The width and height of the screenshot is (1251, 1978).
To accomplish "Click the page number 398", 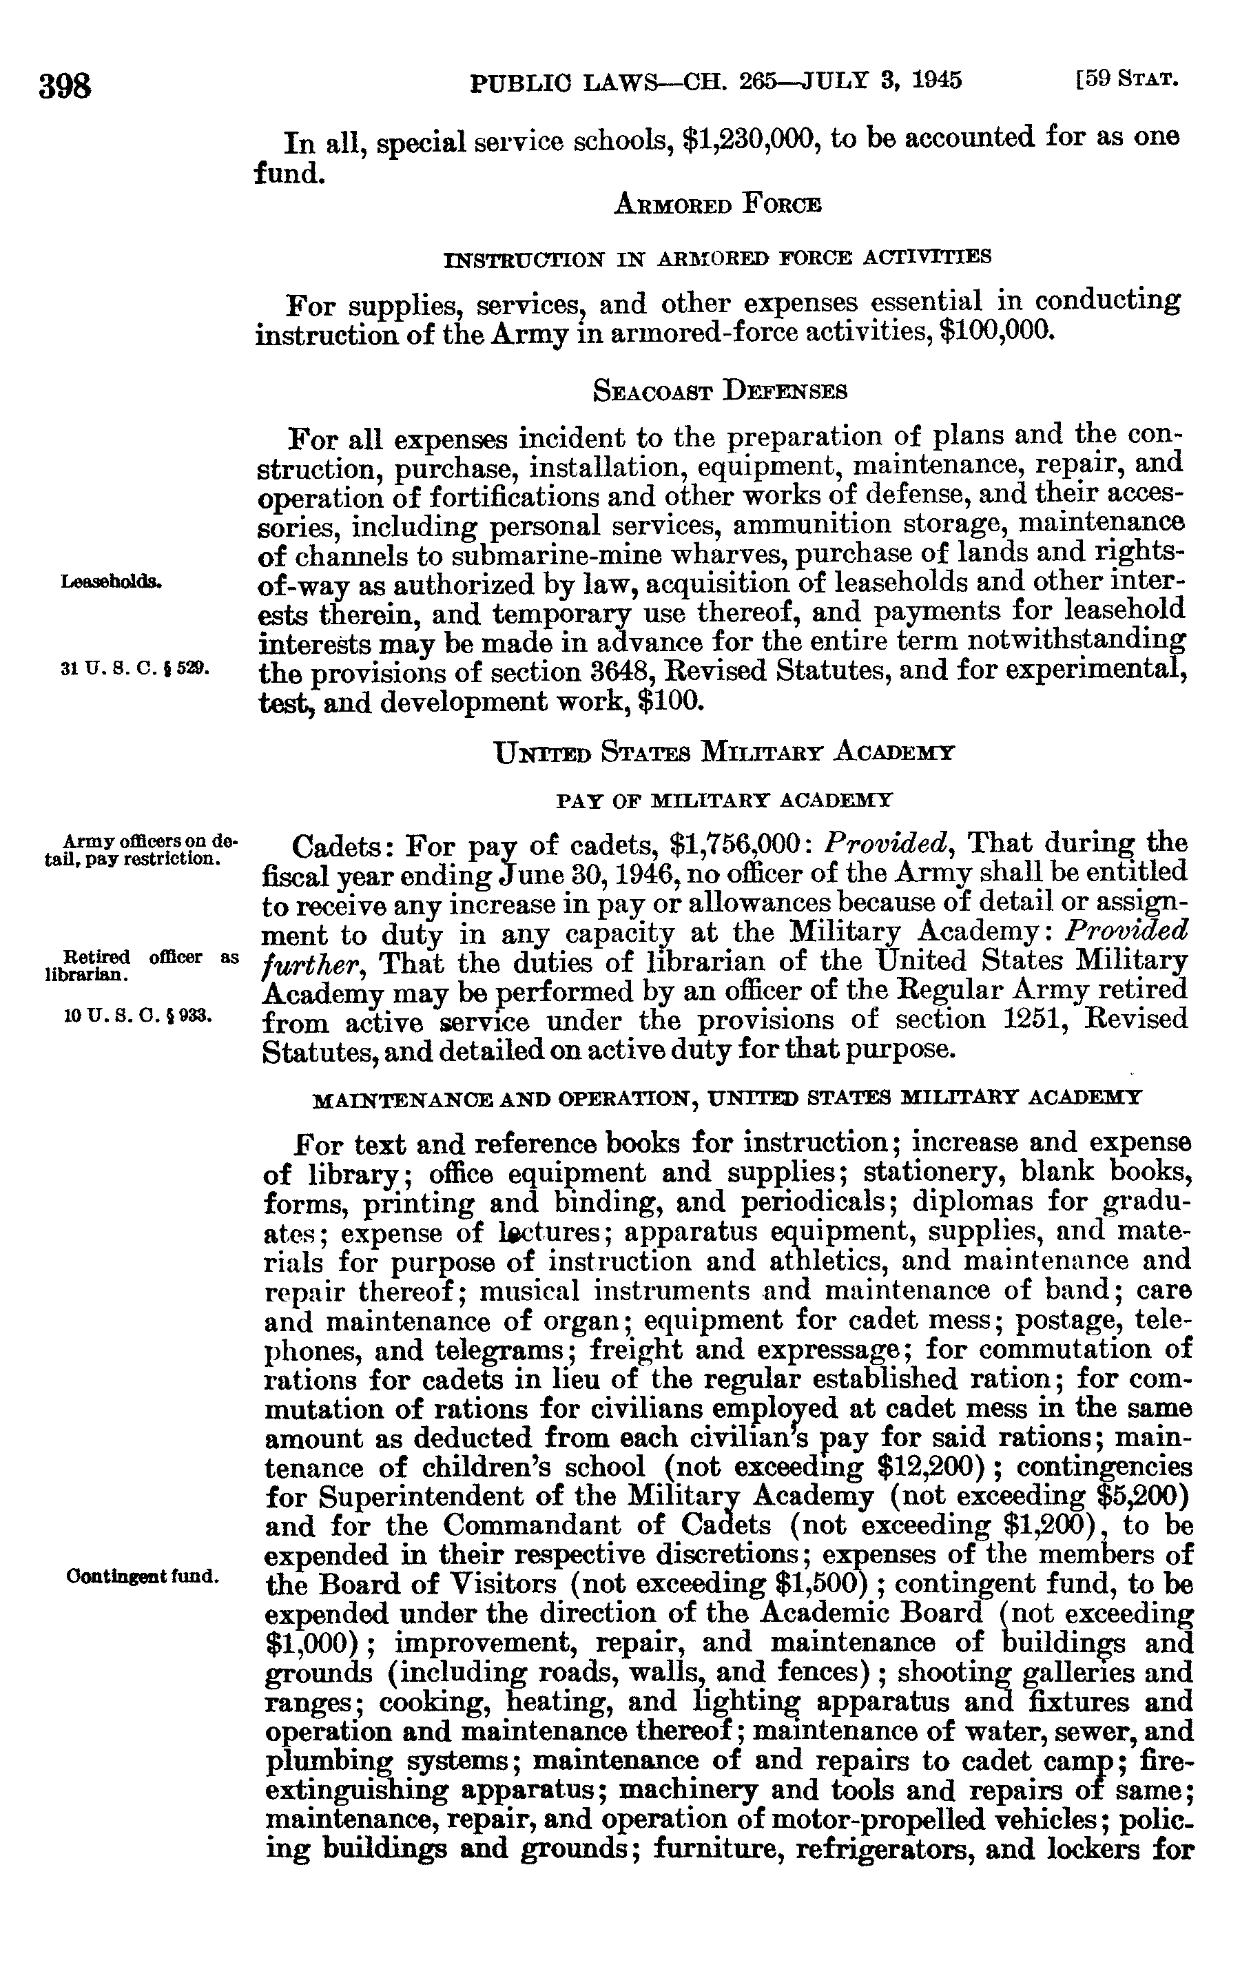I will point(64,85).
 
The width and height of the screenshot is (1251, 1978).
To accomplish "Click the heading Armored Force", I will point(717,204).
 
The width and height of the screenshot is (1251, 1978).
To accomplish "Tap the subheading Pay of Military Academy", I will point(723,799).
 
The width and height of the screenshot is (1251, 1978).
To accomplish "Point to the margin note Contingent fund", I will point(141,1576).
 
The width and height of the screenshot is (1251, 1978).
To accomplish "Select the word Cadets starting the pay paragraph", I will point(342,846).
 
